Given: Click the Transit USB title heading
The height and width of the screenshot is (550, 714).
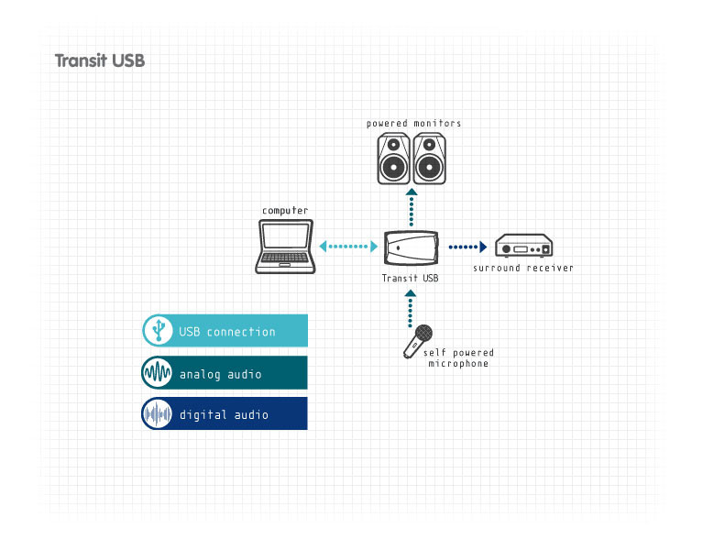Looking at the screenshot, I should (100, 61).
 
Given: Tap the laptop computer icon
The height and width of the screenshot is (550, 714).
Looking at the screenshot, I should (286, 247).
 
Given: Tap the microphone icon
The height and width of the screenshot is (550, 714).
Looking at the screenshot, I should (418, 340).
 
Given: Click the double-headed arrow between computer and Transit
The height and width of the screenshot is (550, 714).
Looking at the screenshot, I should (349, 247).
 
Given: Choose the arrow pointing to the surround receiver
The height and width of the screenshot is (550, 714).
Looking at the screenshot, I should (467, 247).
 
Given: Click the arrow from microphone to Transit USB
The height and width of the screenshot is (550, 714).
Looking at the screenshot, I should (412, 307).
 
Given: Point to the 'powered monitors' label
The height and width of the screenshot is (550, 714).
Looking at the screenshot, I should (413, 123).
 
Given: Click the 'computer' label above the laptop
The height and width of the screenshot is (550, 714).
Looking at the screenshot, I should (285, 211).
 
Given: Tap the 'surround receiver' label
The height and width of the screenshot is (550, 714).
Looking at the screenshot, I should (522, 268).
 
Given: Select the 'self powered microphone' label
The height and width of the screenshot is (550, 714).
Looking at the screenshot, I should (458, 357).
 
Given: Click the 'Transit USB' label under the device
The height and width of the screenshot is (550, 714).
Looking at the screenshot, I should (411, 278).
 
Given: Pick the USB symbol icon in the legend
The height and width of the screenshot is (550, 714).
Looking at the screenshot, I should (159, 330).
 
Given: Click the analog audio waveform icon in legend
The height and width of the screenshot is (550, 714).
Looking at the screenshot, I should (159, 373).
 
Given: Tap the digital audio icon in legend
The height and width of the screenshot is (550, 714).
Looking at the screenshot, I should (159, 413).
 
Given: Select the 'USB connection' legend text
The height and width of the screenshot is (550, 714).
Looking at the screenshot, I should (227, 332).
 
